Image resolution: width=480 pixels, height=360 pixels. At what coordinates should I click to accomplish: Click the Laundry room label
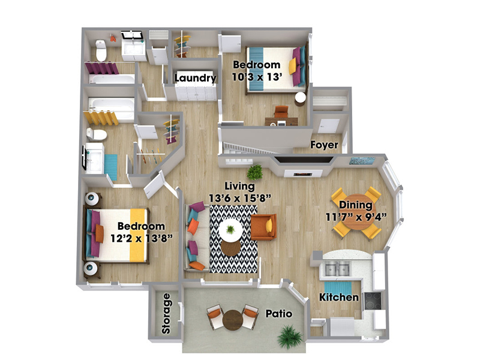coord(196,78)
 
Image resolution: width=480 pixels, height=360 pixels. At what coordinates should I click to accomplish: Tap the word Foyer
coord(324,145)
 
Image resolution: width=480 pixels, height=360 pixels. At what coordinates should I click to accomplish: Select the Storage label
coord(166,313)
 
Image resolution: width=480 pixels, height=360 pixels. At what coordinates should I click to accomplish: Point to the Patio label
coord(278,313)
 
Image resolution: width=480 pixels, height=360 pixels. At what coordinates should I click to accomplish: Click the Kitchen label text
coord(339,297)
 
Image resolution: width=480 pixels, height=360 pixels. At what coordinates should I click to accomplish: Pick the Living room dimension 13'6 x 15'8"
coord(240,198)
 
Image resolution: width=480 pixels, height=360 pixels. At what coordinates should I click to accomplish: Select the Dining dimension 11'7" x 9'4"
coord(356,217)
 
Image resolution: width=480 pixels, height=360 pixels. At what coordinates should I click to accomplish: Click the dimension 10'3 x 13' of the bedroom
coord(257,77)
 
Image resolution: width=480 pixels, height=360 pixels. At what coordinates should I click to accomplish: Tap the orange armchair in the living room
coord(263,227)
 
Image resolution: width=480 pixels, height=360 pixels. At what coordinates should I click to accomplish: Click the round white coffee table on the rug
coord(230,230)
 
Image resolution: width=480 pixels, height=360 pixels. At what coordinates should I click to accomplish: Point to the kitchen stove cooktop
coord(373,301)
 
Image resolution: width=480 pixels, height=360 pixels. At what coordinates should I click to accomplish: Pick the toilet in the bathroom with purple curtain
coord(101,50)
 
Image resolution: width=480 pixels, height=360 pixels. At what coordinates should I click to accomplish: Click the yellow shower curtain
coord(101,118)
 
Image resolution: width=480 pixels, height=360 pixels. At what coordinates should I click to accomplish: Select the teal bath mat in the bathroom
coord(111,167)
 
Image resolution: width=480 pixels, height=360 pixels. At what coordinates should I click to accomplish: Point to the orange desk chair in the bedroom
coord(281,112)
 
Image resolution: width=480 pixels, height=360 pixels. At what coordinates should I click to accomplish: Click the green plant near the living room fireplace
coord(254,172)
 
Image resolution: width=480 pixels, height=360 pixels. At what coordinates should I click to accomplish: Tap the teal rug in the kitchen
coord(338,288)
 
